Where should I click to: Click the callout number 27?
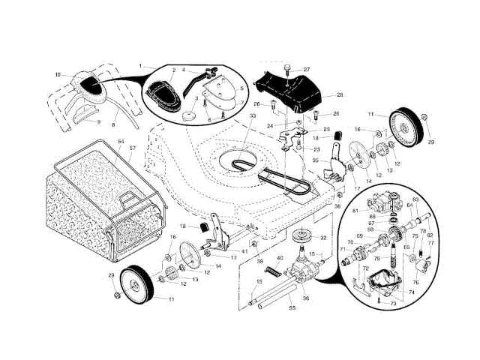[x=306, y=70]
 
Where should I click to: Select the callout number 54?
[x=121, y=141]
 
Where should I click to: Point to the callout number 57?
[x=132, y=148]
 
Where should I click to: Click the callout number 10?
[x=58, y=74]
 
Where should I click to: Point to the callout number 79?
[x=398, y=259]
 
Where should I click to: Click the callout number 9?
[x=97, y=120]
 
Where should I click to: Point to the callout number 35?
[x=316, y=160]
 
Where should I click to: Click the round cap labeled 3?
[x=189, y=114]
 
